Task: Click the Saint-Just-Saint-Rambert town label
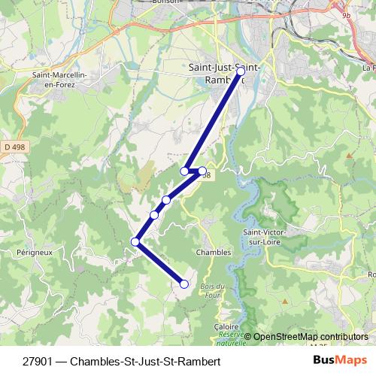tap(224, 73)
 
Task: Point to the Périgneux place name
tap(35, 253)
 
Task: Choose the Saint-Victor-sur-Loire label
tap(262, 237)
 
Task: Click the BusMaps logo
tap(340, 360)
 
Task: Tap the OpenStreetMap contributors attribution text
tap(311, 336)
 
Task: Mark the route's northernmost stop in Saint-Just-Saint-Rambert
tap(240, 71)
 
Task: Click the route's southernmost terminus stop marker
tap(184, 284)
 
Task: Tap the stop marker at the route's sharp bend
tap(135, 241)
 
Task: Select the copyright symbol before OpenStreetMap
tap(247, 336)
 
